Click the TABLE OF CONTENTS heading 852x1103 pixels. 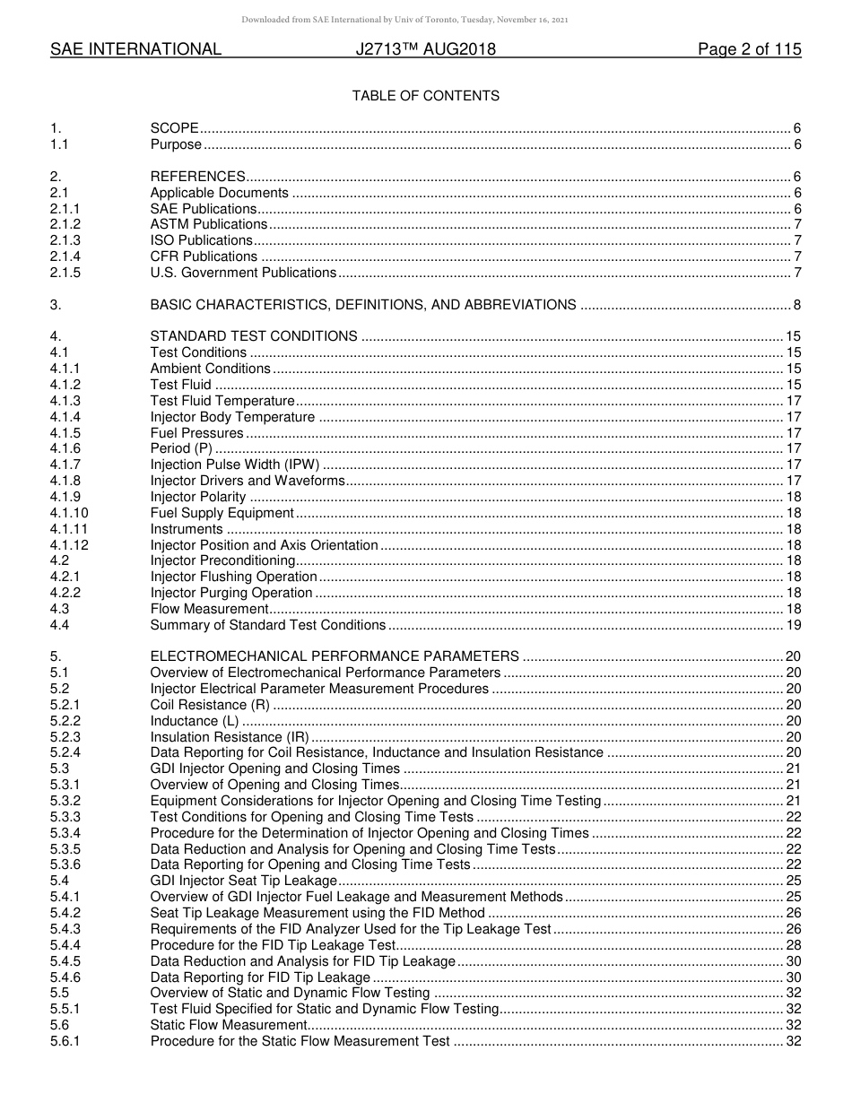[x=425, y=96]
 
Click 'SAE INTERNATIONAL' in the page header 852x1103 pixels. [x=135, y=50]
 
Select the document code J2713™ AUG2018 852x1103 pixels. [x=425, y=50]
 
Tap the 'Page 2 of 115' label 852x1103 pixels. [x=749, y=50]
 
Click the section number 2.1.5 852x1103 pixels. [x=65, y=273]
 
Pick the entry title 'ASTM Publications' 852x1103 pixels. [x=208, y=224]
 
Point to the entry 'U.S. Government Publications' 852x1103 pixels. [x=243, y=273]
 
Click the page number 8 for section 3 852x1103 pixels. [x=796, y=305]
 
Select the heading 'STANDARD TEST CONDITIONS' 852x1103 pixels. [x=254, y=336]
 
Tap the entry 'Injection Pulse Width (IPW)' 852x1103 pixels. [x=234, y=465]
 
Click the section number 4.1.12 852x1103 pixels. [x=69, y=545]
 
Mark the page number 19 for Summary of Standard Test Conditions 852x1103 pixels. [x=793, y=625]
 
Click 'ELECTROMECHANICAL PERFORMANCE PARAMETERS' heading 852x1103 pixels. [x=335, y=656]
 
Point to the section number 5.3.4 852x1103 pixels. [x=65, y=833]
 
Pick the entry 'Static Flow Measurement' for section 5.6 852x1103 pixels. [x=229, y=1025]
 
